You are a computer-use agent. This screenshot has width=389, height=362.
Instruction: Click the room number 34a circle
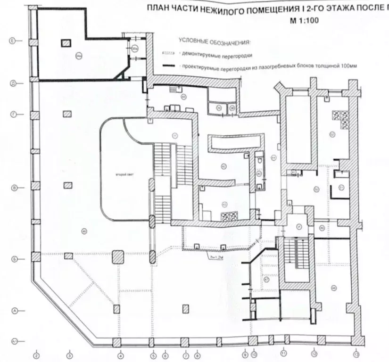pyautogui.click(x=79, y=55)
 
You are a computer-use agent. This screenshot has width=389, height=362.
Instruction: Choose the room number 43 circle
pyautogui.click(x=224, y=204)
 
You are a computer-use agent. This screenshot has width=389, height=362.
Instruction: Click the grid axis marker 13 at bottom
pyautogui.click(x=356, y=354)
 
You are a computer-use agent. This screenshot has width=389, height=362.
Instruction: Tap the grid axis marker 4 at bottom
pyautogui.click(x=121, y=355)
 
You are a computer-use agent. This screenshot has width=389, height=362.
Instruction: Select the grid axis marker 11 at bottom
pyautogui.click(x=283, y=352)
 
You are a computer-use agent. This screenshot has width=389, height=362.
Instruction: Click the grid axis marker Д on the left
pyautogui.click(x=14, y=84)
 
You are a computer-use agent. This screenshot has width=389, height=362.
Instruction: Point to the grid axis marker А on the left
pyautogui.click(x=14, y=311)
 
